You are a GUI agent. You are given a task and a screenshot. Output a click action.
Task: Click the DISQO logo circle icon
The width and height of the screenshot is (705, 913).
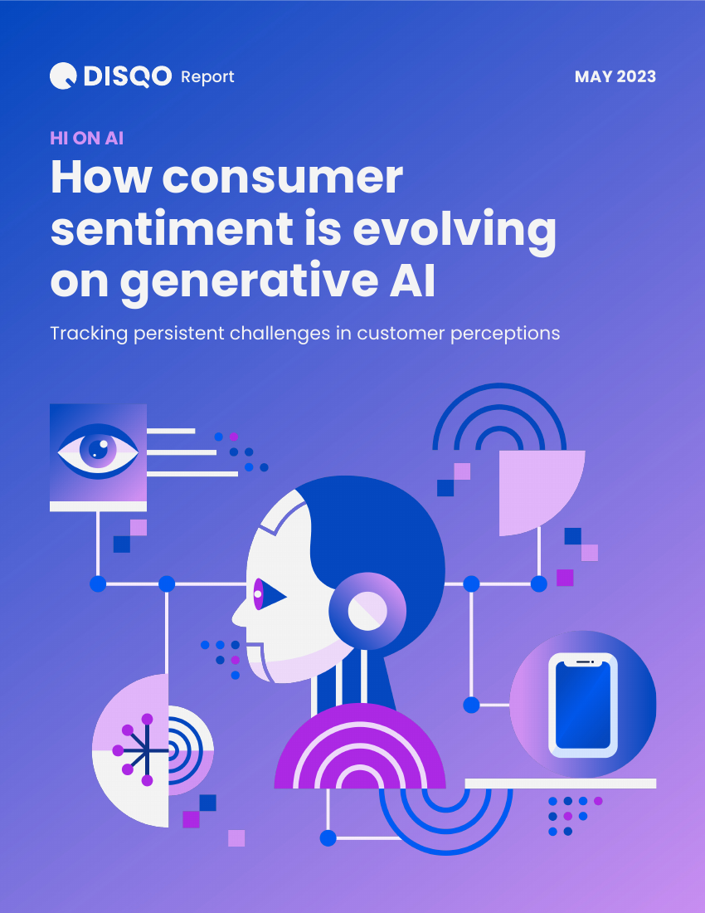click(63, 76)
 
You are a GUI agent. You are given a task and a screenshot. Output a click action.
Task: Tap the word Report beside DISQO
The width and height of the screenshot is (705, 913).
click(207, 77)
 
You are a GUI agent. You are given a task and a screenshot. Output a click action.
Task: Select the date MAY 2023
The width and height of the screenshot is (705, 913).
click(615, 76)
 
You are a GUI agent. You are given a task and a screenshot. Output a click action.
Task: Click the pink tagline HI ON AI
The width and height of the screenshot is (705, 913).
click(86, 138)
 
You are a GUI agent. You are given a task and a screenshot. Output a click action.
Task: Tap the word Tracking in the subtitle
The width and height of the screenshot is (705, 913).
click(89, 334)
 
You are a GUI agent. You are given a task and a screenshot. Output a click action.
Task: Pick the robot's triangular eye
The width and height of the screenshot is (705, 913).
click(270, 594)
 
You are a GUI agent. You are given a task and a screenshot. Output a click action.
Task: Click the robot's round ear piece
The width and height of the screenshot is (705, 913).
click(367, 611)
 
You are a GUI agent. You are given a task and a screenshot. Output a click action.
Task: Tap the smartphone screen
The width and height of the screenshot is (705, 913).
click(583, 705)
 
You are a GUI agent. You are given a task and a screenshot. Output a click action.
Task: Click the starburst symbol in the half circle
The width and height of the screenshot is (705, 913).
click(135, 750)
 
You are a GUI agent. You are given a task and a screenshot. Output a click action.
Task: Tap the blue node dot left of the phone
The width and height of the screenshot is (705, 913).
click(471, 705)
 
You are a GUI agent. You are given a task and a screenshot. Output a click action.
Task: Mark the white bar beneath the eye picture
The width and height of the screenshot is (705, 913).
click(99, 506)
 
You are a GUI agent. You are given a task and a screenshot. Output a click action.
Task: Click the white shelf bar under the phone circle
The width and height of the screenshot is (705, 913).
click(560, 784)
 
